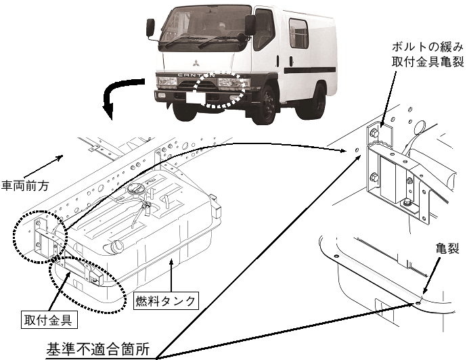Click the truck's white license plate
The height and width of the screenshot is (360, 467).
pos(199,97)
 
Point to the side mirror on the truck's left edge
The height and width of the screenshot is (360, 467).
pos(152,28)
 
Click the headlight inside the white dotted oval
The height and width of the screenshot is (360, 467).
pos(229,85)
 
